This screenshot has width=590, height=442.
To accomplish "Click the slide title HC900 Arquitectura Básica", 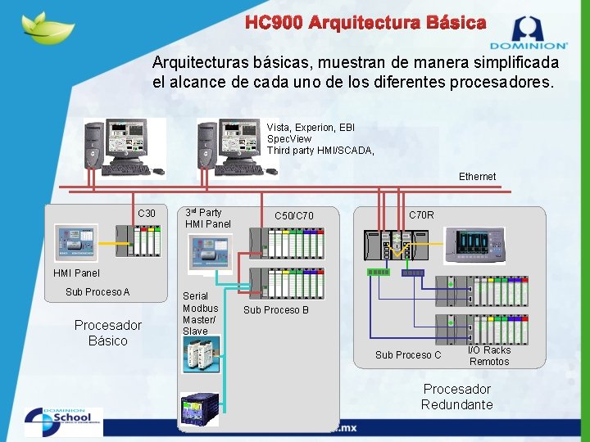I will (365, 23).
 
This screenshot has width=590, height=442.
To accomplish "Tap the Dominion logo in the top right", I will (528, 32).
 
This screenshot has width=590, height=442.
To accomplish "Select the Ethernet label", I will (477, 177).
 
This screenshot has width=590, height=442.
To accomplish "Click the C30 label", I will (147, 214).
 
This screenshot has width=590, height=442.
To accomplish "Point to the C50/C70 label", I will (293, 216).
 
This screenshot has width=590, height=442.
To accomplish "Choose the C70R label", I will (421, 215).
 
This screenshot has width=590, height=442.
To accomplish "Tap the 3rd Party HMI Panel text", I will (207, 218).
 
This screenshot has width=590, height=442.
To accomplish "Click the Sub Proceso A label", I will (98, 292).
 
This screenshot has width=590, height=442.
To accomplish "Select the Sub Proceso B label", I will (276, 310).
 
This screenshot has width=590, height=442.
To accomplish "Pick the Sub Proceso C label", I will (408, 355).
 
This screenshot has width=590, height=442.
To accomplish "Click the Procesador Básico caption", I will (108, 332).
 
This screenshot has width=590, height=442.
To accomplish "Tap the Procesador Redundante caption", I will (457, 397).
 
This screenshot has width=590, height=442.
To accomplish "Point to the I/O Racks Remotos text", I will (489, 355).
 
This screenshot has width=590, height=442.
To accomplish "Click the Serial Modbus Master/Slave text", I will (200, 313).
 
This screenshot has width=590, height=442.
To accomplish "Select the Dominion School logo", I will (64, 422).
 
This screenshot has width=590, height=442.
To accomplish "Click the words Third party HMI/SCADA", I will (320, 151).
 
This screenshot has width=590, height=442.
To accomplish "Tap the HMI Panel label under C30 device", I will (76, 273).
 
